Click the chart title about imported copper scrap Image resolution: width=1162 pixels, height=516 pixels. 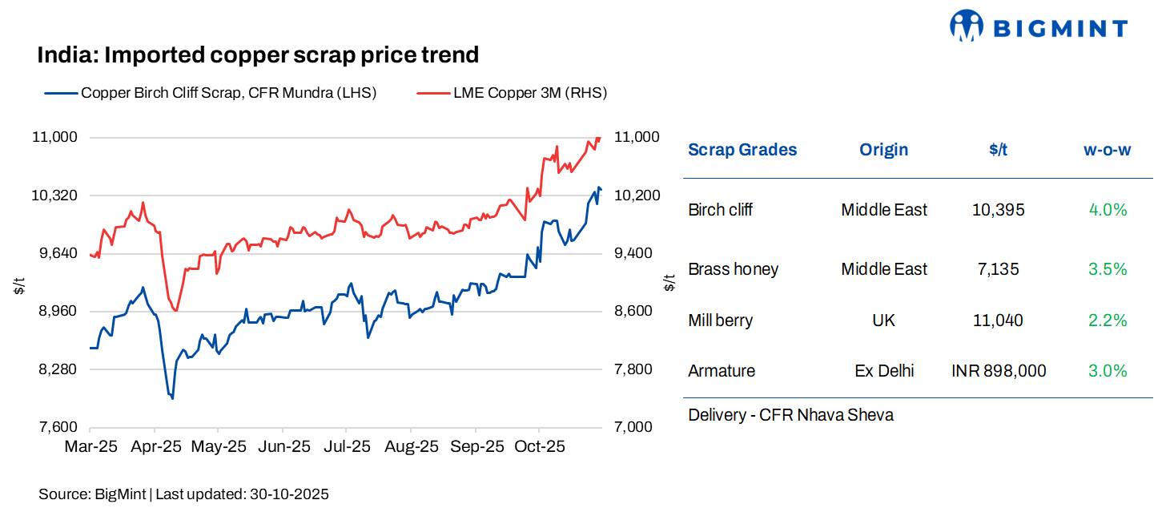[258, 54]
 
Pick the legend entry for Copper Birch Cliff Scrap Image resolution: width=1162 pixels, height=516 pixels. [228, 93]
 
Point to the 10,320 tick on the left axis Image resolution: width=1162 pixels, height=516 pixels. [54, 196]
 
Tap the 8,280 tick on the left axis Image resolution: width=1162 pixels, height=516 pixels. [54, 369]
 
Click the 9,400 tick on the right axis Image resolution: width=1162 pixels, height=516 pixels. [637, 253]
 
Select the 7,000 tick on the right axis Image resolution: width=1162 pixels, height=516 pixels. [637, 427]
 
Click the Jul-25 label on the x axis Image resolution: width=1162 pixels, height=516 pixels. [347, 447]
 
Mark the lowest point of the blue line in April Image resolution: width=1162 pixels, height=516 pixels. [172, 397]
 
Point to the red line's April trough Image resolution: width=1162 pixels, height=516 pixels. [175, 311]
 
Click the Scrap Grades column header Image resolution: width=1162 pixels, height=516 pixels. [742, 150]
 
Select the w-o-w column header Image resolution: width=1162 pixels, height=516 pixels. [1107, 150]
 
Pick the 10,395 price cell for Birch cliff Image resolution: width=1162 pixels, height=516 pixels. [998, 210]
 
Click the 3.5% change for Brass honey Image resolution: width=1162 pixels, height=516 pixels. [1107, 269]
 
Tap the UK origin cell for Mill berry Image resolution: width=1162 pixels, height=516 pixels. [883, 320]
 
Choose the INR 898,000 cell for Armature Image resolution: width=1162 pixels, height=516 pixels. [998, 371]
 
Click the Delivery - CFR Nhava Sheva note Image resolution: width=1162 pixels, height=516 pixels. [790, 415]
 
